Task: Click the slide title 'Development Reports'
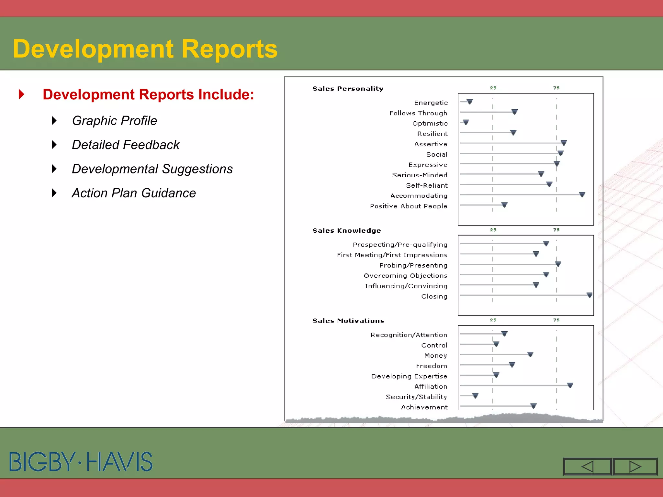tap(145, 49)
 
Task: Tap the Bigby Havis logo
tap(81, 461)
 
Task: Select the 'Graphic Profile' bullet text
tap(114, 121)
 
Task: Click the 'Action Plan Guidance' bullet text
tap(134, 193)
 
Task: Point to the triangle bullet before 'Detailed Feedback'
tap(54, 145)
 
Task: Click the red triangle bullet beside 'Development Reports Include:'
tap(22, 94)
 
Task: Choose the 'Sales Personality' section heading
tap(348, 89)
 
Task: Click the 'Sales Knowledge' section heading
tap(346, 230)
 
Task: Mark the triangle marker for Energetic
tap(470, 102)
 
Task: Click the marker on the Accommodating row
tap(582, 194)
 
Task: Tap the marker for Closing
tap(590, 295)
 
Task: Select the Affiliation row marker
tap(570, 385)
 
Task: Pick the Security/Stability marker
tap(475, 396)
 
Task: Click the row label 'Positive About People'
tap(409, 206)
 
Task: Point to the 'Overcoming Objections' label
tap(405, 276)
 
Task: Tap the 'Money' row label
tap(435, 356)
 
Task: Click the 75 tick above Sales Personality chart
tap(556, 88)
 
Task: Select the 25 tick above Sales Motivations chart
tap(493, 320)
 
